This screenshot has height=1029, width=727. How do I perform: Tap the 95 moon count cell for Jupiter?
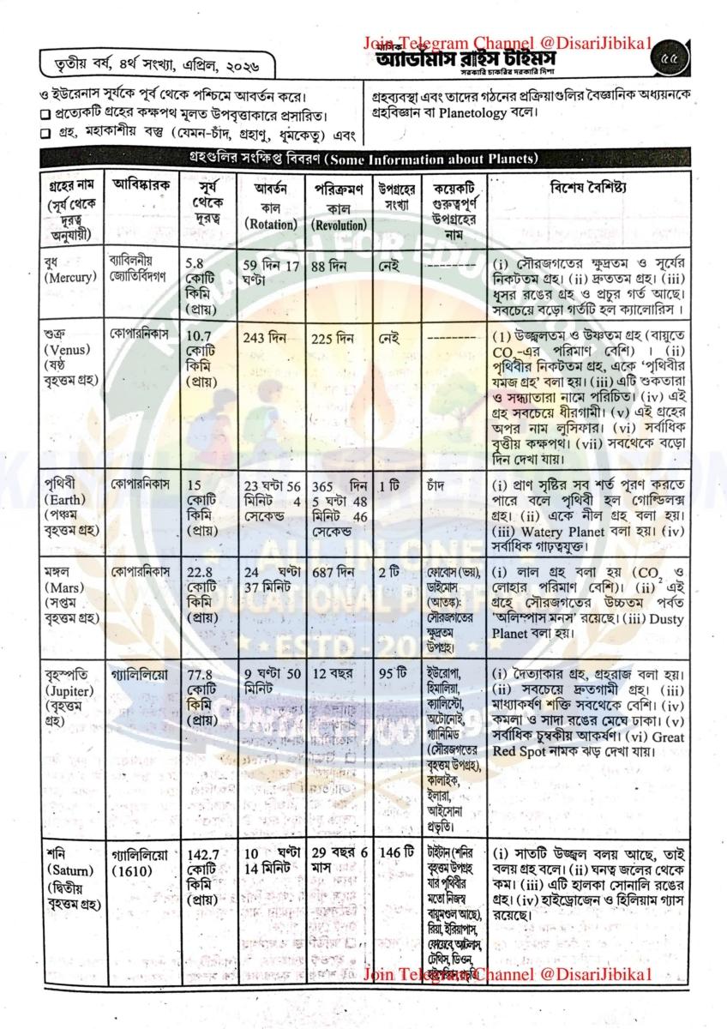coord(391,671)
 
